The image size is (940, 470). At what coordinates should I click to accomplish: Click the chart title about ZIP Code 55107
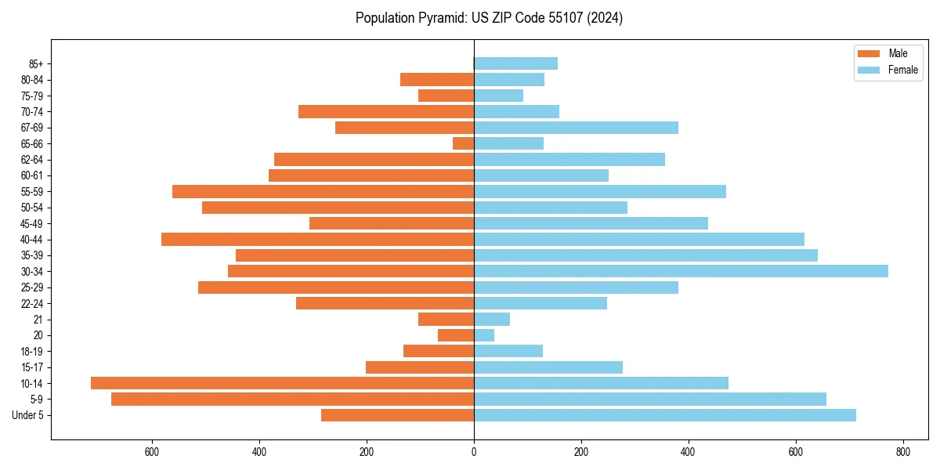489,18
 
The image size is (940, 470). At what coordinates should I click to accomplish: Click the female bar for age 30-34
681,271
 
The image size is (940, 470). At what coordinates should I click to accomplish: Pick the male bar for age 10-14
282,383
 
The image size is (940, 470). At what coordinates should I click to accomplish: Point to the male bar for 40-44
317,239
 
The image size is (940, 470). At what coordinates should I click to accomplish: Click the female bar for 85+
515,63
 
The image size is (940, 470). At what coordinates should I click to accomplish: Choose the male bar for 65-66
463,143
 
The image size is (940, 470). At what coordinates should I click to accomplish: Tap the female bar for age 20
484,335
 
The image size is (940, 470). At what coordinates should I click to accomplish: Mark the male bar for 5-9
292,399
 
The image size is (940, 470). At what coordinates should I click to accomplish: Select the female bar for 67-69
576,128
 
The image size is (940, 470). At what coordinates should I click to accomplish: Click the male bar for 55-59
323,191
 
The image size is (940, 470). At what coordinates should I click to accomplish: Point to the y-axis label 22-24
32,303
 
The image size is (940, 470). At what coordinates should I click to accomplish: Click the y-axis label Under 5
27,415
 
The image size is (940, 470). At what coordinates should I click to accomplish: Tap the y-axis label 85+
36,63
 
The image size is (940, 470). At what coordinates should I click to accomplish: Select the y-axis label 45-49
32,223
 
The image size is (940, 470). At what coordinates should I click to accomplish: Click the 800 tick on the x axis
902,452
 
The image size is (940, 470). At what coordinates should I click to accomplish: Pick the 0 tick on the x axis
474,452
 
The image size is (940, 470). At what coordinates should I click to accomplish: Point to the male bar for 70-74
386,111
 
